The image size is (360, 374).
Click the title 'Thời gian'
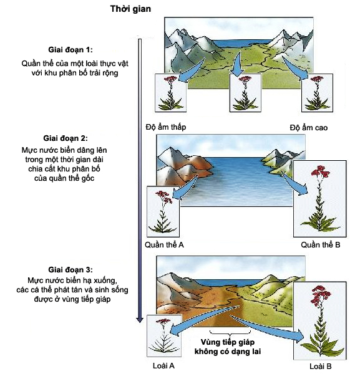pyautogui.click(x=130, y=9)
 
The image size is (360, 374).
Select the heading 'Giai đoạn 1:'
pyautogui.click(x=71, y=50)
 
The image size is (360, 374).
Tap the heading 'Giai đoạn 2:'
pyautogui.click(x=66, y=138)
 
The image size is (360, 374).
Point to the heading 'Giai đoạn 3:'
pyautogui.click(x=71, y=270)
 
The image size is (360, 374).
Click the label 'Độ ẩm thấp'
pyautogui.click(x=166, y=127)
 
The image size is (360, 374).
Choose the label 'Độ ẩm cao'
pyautogui.click(x=309, y=128)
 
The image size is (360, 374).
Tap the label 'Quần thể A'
pyautogui.click(x=164, y=245)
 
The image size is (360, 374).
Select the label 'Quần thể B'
pyautogui.click(x=320, y=245)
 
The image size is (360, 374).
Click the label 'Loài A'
pyautogui.click(x=163, y=366)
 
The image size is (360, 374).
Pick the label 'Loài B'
pyautogui.click(x=320, y=367)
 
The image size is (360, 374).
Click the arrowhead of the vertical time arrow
pyautogui.click(x=140, y=320)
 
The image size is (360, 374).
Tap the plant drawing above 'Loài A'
pyautogui.click(x=164, y=336)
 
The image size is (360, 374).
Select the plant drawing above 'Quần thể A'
pyautogui.click(x=163, y=211)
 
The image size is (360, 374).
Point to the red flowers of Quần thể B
pyautogui.click(x=320, y=172)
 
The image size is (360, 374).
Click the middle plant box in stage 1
pyautogui.click(x=245, y=93)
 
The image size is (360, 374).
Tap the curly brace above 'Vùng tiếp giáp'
pyautogui.click(x=230, y=332)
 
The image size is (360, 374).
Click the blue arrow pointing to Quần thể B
pyautogui.click(x=294, y=183)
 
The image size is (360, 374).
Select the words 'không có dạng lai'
pyautogui.click(x=228, y=352)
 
